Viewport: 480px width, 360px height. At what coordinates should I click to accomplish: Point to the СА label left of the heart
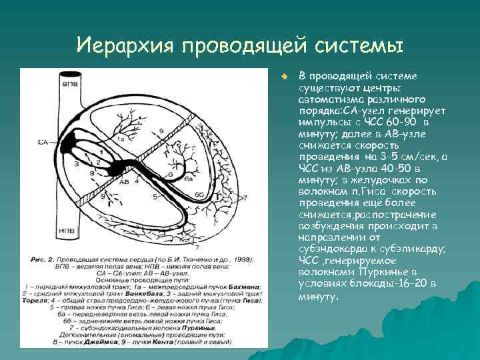tap(43, 142)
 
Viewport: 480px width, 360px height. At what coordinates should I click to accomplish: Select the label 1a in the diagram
tap(121, 139)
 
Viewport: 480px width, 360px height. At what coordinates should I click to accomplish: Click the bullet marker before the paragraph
tap(283, 74)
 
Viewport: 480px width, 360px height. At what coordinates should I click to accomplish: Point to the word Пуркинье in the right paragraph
tap(386, 272)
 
